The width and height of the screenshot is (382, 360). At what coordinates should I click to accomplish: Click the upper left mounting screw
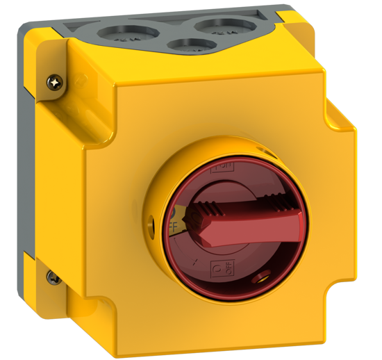[x=53, y=82]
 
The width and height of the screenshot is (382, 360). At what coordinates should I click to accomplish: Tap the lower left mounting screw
[x=53, y=277]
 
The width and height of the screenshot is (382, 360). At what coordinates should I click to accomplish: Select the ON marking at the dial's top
[x=224, y=167]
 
